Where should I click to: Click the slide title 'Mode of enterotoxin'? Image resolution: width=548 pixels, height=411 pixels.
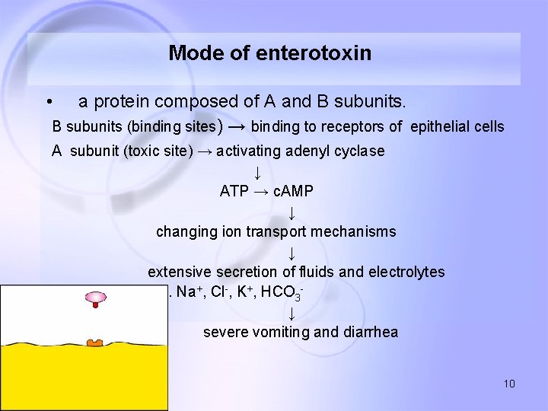click(270, 53)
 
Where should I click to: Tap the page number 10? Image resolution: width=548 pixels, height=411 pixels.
click(509, 384)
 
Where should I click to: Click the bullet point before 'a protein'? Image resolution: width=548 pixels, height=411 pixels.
click(48, 102)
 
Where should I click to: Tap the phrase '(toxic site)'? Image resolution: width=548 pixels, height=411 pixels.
click(160, 151)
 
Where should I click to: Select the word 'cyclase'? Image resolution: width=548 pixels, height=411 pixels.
click(358, 151)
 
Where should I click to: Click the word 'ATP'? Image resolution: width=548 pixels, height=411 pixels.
click(234, 191)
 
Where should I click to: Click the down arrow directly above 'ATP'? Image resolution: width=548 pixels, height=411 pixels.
click(258, 171)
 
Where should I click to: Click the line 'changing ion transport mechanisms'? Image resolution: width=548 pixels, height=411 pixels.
click(276, 231)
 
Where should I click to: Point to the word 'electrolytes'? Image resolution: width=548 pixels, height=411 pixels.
click(406, 272)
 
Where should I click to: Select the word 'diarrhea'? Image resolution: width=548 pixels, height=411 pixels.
click(371, 333)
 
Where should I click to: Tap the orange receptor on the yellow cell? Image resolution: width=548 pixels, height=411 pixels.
click(94, 344)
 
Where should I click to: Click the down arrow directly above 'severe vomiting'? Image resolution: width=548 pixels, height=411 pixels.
click(292, 313)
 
